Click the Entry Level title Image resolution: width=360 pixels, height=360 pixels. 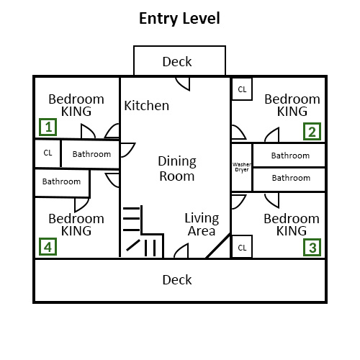(x=179, y=18)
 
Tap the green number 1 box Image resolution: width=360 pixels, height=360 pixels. (x=48, y=128)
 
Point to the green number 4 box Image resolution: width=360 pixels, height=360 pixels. (x=48, y=247)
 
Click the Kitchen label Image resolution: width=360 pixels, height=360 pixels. (x=147, y=106)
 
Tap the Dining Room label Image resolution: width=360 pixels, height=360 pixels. (x=177, y=168)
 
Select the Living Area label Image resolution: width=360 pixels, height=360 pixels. (x=201, y=225)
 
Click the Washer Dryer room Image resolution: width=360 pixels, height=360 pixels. (x=241, y=167)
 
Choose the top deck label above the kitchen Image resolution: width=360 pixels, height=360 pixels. (x=177, y=61)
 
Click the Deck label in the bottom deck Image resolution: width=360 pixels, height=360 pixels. (x=177, y=280)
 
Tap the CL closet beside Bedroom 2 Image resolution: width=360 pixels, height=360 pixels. (x=242, y=89)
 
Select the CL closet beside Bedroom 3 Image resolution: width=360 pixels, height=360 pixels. (x=242, y=247)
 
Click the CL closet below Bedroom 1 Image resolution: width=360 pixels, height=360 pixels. (x=48, y=153)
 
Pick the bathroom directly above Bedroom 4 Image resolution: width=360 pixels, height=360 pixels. (x=62, y=182)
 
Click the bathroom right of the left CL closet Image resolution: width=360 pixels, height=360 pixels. (x=91, y=153)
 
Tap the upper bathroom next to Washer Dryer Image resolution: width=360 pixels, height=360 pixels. (x=290, y=155)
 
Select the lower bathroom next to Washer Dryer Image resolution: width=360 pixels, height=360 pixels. (x=290, y=178)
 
